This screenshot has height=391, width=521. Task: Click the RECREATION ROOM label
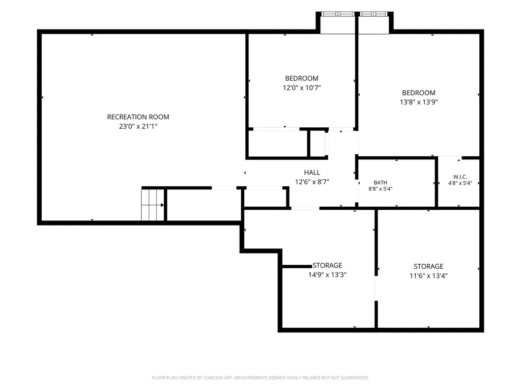point(138,117)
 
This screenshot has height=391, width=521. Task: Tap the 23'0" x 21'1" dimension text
point(138,126)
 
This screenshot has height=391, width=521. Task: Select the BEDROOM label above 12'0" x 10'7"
point(302,78)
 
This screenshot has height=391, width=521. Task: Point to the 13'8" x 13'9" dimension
point(419,102)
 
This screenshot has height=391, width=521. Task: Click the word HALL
point(312,173)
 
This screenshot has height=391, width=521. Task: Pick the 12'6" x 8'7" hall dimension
point(312,182)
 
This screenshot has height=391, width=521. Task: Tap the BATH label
point(381,183)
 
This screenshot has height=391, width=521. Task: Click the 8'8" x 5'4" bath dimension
point(381,189)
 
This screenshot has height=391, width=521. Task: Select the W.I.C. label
point(460,177)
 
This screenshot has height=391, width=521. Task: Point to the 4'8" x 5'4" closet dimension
point(460,183)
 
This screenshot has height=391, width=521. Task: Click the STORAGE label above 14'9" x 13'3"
point(327,265)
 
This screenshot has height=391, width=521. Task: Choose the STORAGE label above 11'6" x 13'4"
point(428,266)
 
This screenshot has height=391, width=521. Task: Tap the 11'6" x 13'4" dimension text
point(428,275)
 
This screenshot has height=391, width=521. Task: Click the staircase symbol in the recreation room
point(153,205)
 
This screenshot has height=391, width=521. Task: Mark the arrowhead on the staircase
point(162,205)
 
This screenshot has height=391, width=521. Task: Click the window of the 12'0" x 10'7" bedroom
point(338,14)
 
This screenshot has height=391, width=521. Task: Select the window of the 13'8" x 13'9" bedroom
point(373,14)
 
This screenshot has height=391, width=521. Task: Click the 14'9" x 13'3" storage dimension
point(327,275)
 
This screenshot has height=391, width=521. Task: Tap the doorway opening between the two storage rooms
point(376,288)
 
